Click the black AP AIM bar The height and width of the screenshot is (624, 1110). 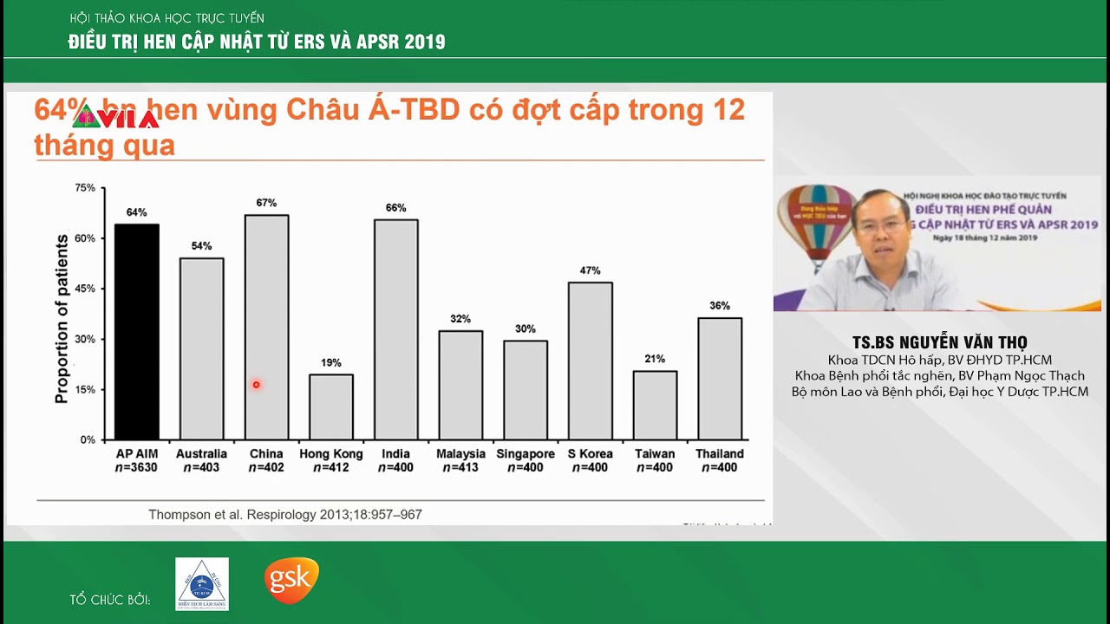click(137, 332)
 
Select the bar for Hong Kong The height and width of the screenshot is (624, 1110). click(331, 407)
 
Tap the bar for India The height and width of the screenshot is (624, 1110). click(395, 329)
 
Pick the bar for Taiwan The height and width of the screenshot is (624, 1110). click(655, 406)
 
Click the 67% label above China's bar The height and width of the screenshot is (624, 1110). click(266, 203)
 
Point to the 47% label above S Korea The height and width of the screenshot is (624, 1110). click(590, 270)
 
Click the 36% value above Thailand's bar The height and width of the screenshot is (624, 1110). click(720, 306)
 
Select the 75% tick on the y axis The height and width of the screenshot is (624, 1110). click(85, 187)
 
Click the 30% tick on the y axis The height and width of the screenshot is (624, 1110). click(85, 339)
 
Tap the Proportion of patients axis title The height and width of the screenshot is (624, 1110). click(62, 318)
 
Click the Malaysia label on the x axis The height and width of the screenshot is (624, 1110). click(460, 454)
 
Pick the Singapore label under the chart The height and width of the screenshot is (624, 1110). click(526, 454)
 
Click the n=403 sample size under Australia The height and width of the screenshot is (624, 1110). click(201, 468)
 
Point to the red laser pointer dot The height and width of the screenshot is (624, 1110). click(256, 385)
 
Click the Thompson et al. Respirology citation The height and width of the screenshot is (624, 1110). click(285, 515)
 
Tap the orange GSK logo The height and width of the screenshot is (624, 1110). click(291, 580)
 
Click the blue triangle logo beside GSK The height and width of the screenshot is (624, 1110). click(202, 583)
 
